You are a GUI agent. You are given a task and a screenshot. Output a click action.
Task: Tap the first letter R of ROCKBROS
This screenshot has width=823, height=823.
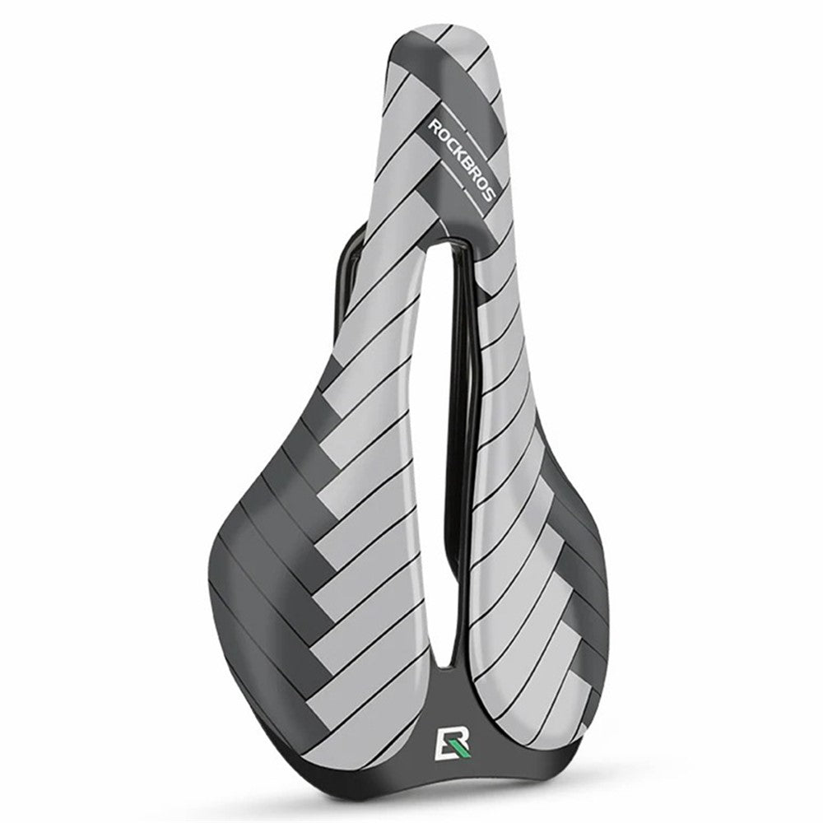click(435, 127)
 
